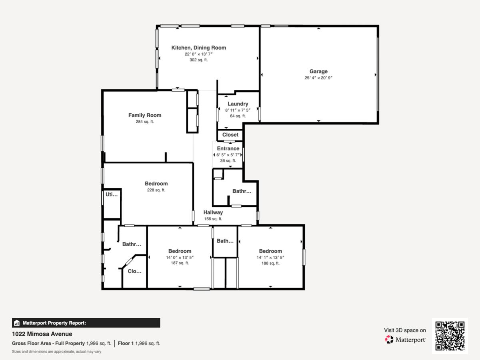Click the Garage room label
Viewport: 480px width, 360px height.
click(318, 71)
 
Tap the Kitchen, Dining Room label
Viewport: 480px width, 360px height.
click(198, 48)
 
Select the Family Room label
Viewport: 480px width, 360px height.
click(145, 115)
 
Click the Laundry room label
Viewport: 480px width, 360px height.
click(238, 104)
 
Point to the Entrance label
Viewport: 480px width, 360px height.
click(228, 149)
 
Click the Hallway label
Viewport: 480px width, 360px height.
click(213, 212)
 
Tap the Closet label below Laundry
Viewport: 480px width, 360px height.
click(230, 135)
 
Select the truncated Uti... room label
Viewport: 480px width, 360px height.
click(112, 194)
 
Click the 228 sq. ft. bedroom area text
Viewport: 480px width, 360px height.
click(156, 190)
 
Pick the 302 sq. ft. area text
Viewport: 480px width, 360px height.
click(198, 60)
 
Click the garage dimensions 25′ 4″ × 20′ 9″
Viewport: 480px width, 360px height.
click(318, 78)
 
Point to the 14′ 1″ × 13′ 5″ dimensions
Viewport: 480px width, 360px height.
click(270, 258)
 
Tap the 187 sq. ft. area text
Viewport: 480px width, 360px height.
click(180, 263)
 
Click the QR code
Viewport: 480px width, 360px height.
click(450, 336)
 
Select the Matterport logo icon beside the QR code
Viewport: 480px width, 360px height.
click(389, 340)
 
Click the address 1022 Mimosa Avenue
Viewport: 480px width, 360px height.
click(42, 334)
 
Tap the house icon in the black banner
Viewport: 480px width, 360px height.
click(17, 323)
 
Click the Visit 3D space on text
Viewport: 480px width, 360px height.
click(405, 330)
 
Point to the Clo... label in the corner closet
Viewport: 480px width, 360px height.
click(134, 271)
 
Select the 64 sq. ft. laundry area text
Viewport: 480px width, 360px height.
click(238, 116)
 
